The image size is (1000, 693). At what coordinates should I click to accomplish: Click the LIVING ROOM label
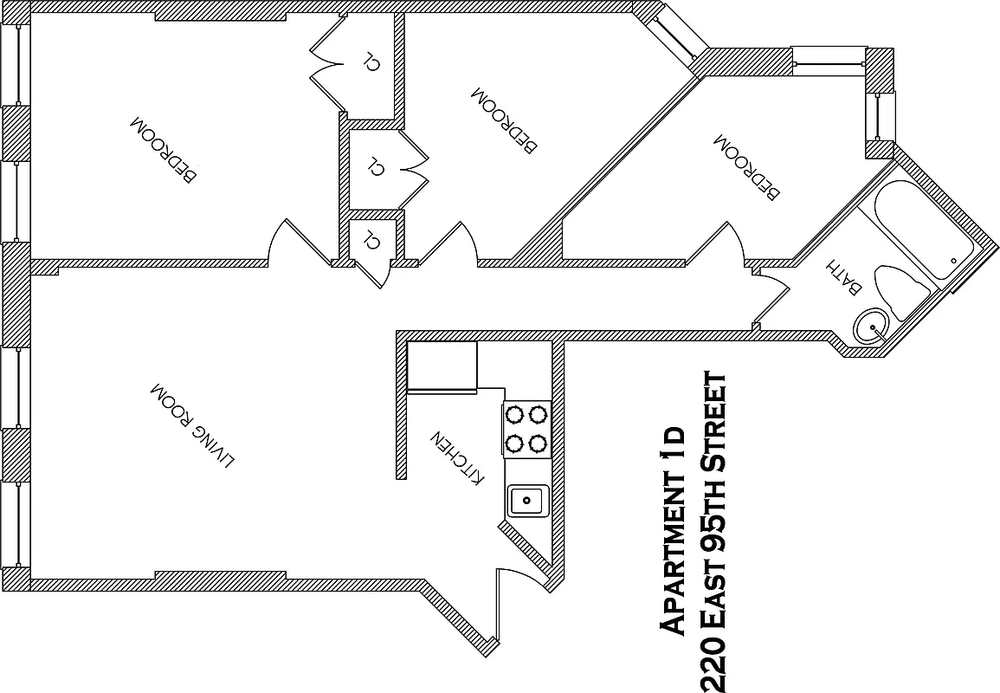(192, 425)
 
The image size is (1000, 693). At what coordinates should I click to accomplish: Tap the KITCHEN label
(457, 457)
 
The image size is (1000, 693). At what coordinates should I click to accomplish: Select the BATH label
(843, 275)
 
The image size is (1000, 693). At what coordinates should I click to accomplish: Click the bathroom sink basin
(871, 328)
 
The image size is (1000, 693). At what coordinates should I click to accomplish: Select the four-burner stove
(526, 430)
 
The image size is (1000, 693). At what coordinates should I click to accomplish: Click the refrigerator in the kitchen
(442, 366)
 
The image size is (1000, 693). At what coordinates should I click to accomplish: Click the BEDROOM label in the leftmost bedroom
(164, 149)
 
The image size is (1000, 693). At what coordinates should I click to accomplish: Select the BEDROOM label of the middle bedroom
(504, 119)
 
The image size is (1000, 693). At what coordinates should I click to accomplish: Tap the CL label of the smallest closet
(371, 240)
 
